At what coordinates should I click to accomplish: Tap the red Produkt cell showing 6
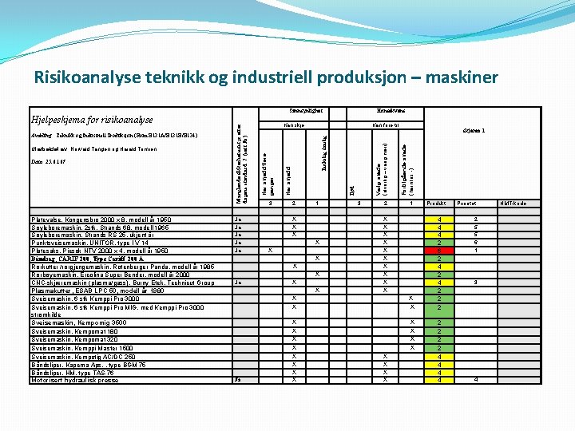(x=438, y=251)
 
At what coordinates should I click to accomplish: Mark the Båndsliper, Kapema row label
(x=88, y=364)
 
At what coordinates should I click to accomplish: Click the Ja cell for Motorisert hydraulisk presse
(x=237, y=380)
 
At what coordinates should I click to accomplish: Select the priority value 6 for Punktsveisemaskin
(x=476, y=243)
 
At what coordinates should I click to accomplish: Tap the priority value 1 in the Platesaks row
(x=476, y=251)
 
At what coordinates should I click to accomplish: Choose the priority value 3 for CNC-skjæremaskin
(x=476, y=283)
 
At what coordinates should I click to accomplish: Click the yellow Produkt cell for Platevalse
(x=438, y=219)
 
